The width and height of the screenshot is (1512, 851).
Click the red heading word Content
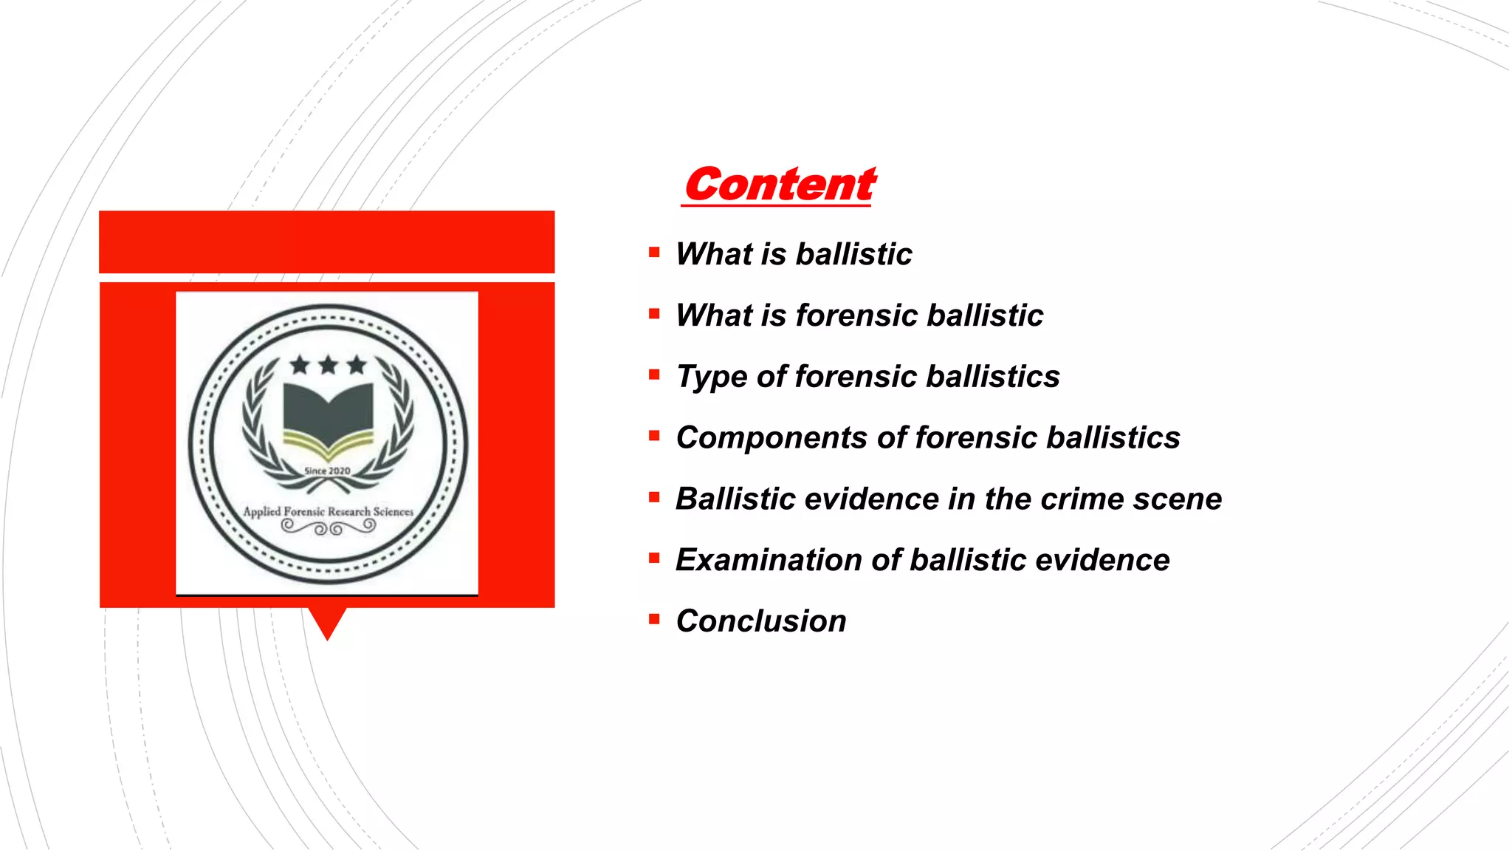[780, 185]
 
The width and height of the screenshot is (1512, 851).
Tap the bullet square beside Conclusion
[654, 619]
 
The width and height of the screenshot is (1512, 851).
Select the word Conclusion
[761, 621]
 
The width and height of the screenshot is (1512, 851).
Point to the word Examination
[768, 560]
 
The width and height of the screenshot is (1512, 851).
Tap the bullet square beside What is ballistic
[654, 253]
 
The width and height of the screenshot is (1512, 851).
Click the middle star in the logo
[329, 365]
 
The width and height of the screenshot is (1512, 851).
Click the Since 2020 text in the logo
[328, 471]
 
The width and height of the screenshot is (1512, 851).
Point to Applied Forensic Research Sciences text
[329, 511]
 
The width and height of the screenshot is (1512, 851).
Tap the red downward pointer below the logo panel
[327, 623]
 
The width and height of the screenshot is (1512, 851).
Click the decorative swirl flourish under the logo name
[329, 527]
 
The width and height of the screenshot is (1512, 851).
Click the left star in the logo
[300, 365]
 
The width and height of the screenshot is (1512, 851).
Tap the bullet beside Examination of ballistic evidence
[654, 558]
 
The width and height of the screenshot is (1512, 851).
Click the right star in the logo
[357, 365]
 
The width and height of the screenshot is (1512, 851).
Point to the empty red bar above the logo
[327, 242]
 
